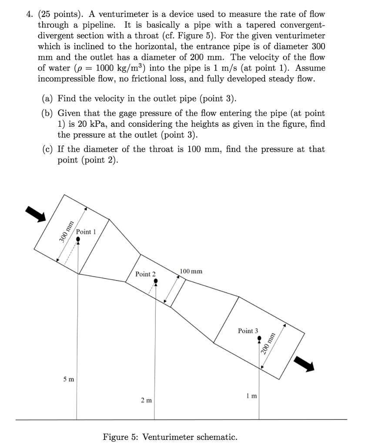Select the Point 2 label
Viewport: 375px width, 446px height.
[145, 274]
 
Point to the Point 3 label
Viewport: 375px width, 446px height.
[248, 331]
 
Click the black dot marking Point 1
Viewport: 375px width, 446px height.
[78, 239]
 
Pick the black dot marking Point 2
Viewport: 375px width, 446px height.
[156, 282]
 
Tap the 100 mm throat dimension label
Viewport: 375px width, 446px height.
[191, 271]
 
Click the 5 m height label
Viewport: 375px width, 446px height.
[68, 379]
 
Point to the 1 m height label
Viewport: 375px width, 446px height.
[251, 396]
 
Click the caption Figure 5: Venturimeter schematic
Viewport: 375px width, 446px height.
[170, 436]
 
